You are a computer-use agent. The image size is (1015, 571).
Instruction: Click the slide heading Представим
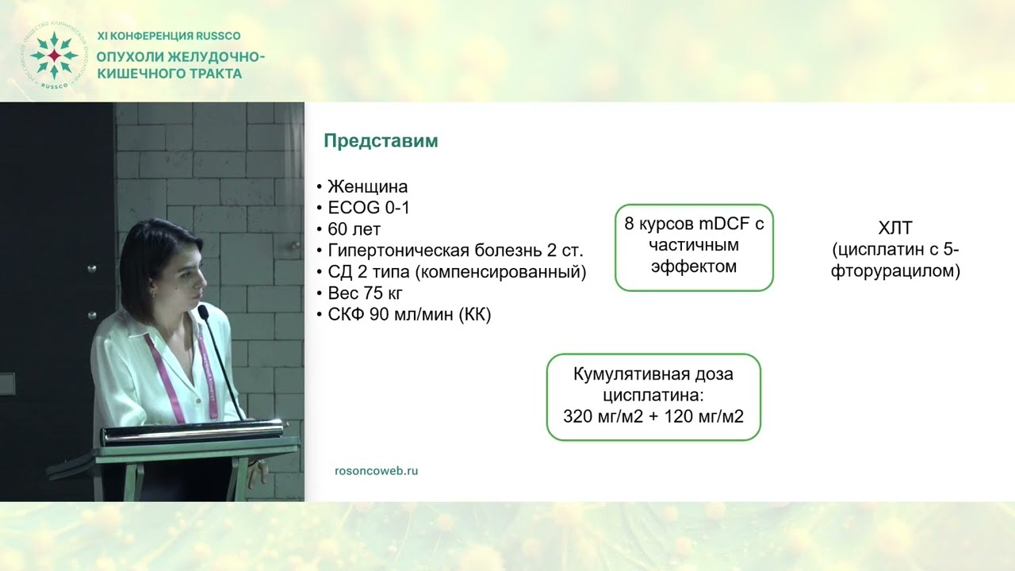[x=381, y=141]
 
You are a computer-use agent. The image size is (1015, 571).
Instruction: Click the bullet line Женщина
[x=367, y=187]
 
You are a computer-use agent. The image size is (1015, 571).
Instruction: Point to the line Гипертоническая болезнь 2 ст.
[x=455, y=251]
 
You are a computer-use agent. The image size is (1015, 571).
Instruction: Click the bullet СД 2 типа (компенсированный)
[x=457, y=272]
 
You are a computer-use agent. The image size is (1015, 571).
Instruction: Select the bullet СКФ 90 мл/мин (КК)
[x=409, y=315]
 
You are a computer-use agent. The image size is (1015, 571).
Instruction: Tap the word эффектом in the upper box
[x=694, y=266]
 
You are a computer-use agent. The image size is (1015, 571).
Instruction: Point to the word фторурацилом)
[x=896, y=271]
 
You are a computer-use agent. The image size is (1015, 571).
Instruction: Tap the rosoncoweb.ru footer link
[x=377, y=470]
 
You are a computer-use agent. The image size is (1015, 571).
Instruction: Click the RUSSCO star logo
[x=53, y=55]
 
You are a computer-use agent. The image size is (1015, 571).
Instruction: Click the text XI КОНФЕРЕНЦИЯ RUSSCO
[x=168, y=36]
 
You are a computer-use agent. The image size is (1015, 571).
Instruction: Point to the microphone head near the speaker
[x=202, y=311]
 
